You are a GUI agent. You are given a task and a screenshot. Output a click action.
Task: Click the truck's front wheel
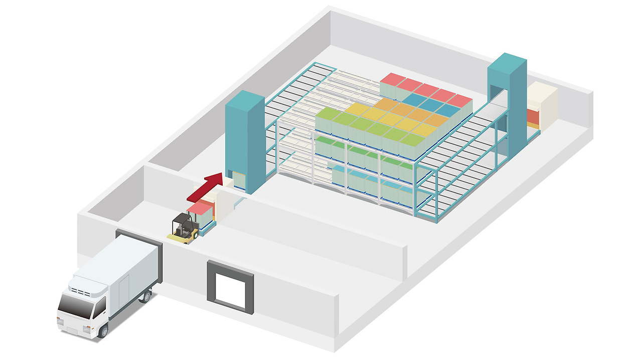pos(103,329)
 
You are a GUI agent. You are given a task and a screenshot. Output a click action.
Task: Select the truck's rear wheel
pos(145,297)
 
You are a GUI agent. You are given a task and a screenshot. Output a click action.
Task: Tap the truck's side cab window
pos(101,305)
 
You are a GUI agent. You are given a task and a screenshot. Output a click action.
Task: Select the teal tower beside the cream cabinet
pos(507,100)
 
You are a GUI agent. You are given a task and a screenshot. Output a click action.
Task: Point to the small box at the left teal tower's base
pos(238,180)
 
